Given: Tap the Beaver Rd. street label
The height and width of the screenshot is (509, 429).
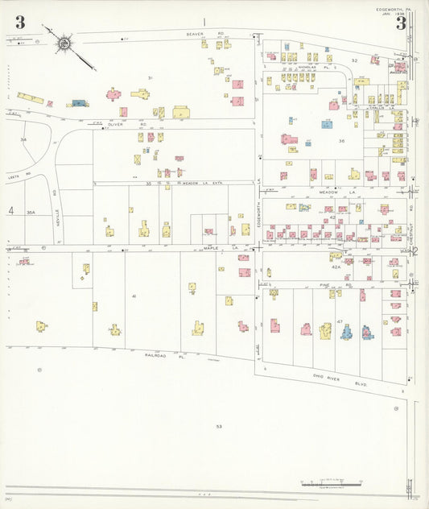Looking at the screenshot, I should coord(194,35).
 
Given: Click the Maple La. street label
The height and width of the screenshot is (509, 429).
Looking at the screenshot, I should coord(211,248).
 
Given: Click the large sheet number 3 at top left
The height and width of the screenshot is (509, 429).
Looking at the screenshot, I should coord(19,23).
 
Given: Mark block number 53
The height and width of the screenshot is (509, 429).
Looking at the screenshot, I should coord(218,426).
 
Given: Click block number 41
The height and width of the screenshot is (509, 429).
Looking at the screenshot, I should coord(134,296).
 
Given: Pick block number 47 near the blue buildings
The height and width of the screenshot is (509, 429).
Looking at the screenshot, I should coord(340,321).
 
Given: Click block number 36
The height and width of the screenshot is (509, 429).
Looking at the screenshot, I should coord(341,141).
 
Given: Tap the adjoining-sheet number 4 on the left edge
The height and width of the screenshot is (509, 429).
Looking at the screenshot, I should coord(11,211).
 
